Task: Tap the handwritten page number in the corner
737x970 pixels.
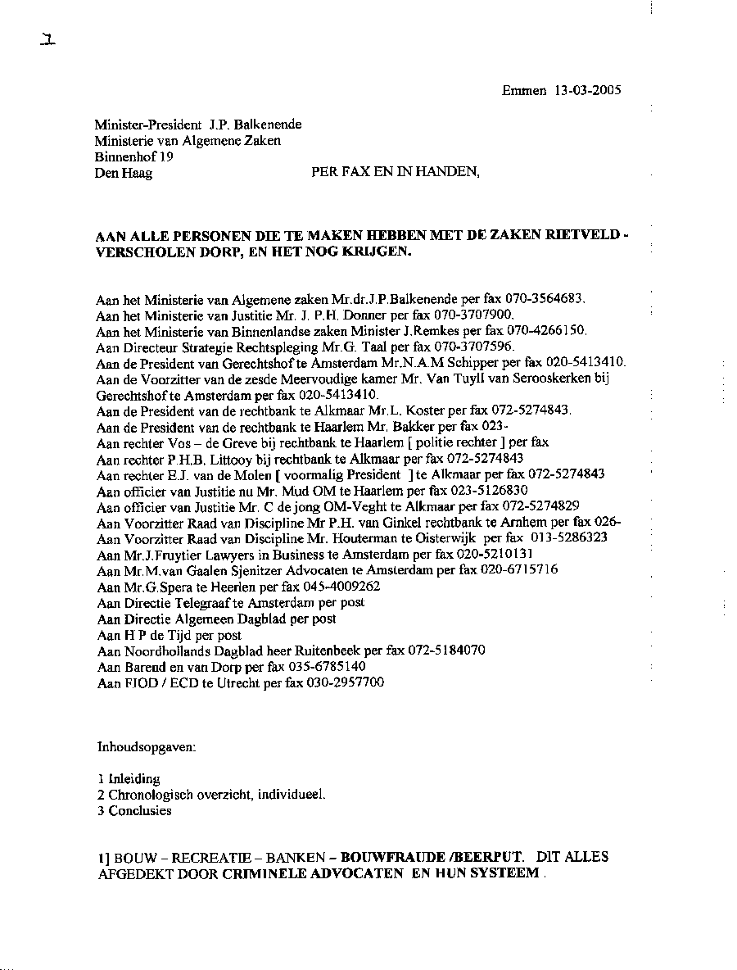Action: (x=47, y=40)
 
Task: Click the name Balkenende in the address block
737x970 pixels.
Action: (x=268, y=125)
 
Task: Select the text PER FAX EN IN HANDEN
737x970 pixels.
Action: (x=396, y=172)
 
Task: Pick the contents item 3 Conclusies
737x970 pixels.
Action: (x=134, y=811)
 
